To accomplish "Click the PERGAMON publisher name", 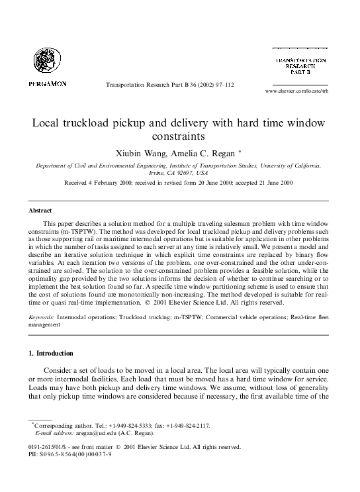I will coord(48,84).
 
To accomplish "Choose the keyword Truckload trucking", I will coord(143,317).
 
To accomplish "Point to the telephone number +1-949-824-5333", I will coord(114,426).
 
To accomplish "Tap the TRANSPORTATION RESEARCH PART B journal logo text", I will coord(300,68).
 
